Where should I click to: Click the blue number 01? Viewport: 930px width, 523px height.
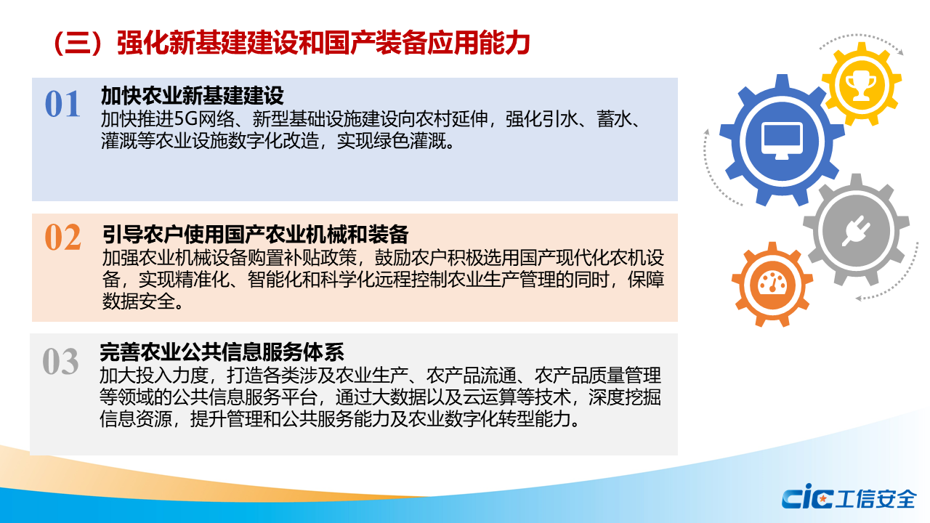coord(62,104)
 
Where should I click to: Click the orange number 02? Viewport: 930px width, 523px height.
coord(62,237)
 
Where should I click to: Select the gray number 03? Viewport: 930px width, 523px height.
coord(60,361)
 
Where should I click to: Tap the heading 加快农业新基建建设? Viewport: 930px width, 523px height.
coord(193,95)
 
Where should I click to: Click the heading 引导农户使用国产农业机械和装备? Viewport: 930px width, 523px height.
coord(255,235)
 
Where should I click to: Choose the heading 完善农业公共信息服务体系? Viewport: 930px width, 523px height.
coord(222,352)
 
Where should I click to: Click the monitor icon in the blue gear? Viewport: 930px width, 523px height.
coord(782,141)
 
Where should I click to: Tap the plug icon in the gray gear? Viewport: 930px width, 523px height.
coord(856,231)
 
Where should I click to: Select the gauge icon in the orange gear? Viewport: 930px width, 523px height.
coord(772,283)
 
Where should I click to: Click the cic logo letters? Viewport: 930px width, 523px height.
coord(807,496)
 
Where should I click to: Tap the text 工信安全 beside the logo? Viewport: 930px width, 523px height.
coord(876,498)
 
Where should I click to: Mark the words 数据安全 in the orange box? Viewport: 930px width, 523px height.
coord(138,301)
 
